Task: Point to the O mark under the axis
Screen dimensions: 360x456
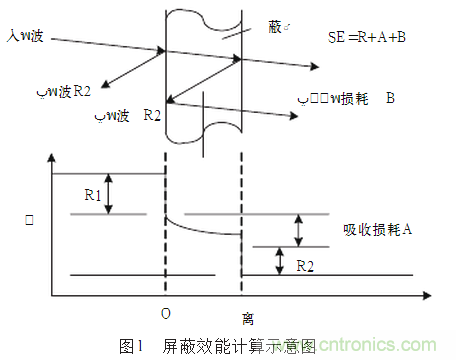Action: (x=166, y=314)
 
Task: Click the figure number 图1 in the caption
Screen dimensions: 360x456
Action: (x=133, y=346)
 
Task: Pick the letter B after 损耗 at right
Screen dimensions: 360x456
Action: (x=389, y=99)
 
